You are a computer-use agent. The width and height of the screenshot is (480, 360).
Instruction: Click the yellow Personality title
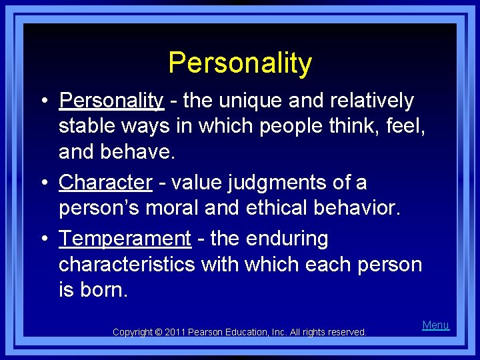(x=240, y=63)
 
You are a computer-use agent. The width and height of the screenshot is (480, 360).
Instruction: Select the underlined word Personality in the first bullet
(x=111, y=101)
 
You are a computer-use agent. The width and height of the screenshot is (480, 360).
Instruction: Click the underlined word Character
(x=105, y=183)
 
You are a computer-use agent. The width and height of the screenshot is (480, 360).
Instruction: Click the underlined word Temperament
(x=125, y=239)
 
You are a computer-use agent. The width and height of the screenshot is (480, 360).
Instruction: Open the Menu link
(x=436, y=325)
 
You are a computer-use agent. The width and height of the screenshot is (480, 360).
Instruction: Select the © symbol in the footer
(x=159, y=332)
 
